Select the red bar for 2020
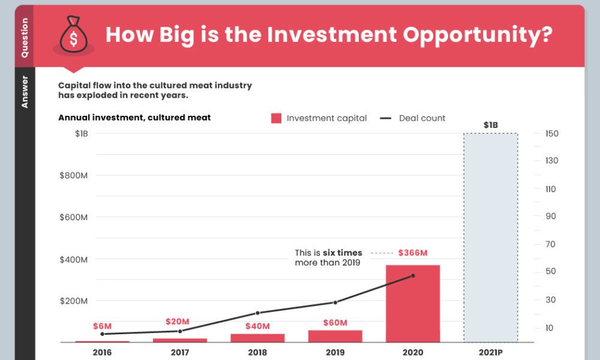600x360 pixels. coord(413,303)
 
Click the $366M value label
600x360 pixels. coord(413,253)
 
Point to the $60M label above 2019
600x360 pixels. coord(335,323)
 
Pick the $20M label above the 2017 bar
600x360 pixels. coord(178,322)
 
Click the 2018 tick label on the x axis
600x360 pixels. coord(257,352)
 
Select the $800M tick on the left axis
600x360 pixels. coord(74,175)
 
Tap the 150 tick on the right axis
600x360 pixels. coord(552,133)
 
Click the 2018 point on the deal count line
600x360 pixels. coord(257,313)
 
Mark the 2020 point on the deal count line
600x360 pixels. coord(413,276)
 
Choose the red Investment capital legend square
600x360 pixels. coord(276,118)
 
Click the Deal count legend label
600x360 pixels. coord(422,118)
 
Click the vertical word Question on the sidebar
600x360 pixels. coord(25,37)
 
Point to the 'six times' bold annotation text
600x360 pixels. coord(343,253)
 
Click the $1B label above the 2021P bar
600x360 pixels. coord(490,125)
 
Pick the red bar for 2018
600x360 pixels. coord(257,338)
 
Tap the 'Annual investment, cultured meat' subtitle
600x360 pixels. coord(134,118)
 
